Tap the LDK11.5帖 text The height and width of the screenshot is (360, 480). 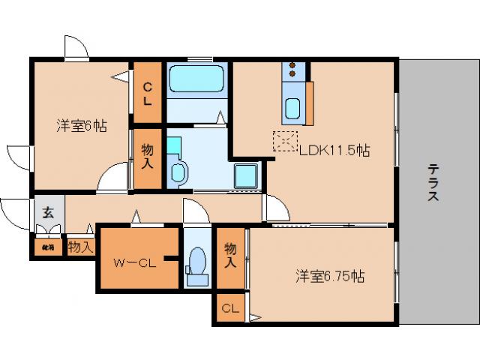pos(334,150)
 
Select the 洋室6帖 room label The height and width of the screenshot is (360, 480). pos(81,125)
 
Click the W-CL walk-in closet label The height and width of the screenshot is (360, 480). pos(134,262)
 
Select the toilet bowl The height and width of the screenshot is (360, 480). pos(196,263)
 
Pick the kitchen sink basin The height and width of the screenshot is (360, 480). pos(292,109)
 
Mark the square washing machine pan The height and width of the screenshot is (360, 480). pos(247,176)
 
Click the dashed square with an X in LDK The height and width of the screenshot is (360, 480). pos(284,141)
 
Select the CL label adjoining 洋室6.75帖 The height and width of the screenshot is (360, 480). pos(229,308)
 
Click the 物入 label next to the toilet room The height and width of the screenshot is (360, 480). pos(230,256)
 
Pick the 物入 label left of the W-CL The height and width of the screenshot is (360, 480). pos(81,245)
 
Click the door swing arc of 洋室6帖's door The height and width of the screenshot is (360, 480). pos(112,177)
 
